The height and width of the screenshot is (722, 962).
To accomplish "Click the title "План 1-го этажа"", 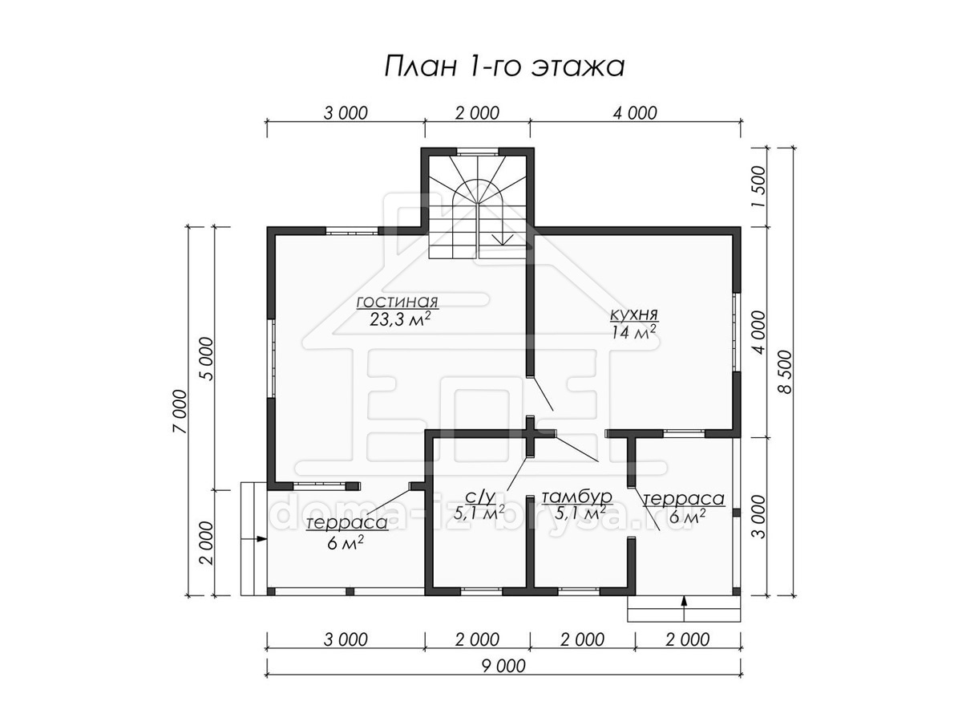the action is click(x=504, y=67).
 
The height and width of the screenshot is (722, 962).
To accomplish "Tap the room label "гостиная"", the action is click(x=397, y=302).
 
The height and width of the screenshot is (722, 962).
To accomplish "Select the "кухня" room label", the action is click(x=634, y=314).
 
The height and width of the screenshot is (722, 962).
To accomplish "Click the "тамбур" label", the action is click(x=576, y=497).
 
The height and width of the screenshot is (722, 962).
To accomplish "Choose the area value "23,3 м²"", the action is click(x=399, y=319).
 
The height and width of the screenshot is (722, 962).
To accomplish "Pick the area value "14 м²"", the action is click(x=634, y=333).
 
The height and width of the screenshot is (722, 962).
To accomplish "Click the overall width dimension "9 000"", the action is click(x=503, y=666).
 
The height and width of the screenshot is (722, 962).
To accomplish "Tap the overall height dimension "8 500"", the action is click(x=786, y=372).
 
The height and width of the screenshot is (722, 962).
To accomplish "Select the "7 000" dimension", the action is click(x=180, y=412).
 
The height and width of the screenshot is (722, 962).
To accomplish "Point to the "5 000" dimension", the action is click(x=206, y=359).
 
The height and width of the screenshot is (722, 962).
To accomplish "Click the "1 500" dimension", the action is click(x=759, y=186).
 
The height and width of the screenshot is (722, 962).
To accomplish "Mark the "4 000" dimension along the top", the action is click(x=635, y=113).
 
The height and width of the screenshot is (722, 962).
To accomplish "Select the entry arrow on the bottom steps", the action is click(x=684, y=607).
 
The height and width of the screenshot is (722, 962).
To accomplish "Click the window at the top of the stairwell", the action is click(x=477, y=152).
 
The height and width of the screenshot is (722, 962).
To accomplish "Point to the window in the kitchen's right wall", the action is click(x=736, y=332).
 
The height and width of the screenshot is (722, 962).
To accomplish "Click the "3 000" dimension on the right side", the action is click(x=759, y=517).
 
